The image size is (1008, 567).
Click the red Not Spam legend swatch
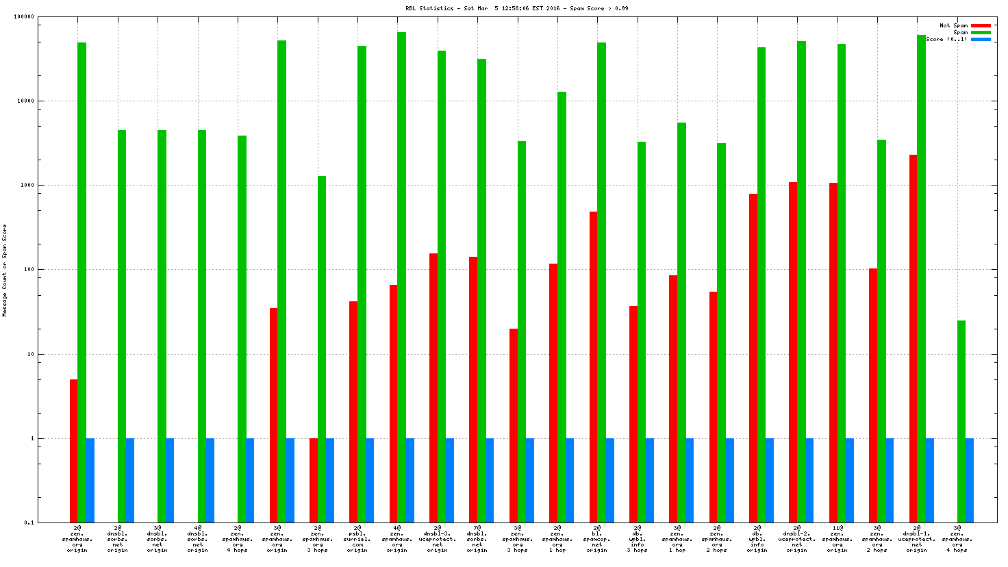pyautogui.click(x=981, y=26)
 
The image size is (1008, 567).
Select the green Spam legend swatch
pyautogui.click(x=981, y=33)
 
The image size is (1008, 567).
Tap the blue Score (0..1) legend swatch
pyautogui.click(x=981, y=40)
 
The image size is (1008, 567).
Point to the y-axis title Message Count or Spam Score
pyautogui.click(x=5, y=270)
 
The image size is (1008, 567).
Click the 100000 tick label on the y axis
pyautogui.click(x=24, y=17)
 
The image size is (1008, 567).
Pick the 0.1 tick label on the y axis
pyautogui.click(x=29, y=523)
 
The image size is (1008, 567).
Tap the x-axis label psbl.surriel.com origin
pyautogui.click(x=357, y=539)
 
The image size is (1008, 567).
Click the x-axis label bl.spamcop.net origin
pyautogui.click(x=597, y=539)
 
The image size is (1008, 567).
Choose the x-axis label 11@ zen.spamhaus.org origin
pyautogui.click(x=837, y=539)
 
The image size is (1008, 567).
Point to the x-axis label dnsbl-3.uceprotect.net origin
pyautogui.click(x=438, y=539)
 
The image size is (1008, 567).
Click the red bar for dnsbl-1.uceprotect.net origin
pyautogui.click(x=914, y=338)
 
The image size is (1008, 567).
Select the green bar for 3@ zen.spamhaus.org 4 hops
pyautogui.click(x=961, y=421)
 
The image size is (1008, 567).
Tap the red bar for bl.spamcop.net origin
pyautogui.click(x=594, y=367)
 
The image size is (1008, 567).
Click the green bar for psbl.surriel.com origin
pyautogui.click(x=362, y=284)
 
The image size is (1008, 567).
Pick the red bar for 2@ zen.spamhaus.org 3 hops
pyautogui.click(x=314, y=480)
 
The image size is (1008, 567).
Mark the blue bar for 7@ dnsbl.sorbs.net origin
pyautogui.click(x=490, y=480)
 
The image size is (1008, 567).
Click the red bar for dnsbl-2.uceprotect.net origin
pyautogui.click(x=793, y=352)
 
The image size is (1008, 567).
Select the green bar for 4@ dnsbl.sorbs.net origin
pyautogui.click(x=202, y=326)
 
